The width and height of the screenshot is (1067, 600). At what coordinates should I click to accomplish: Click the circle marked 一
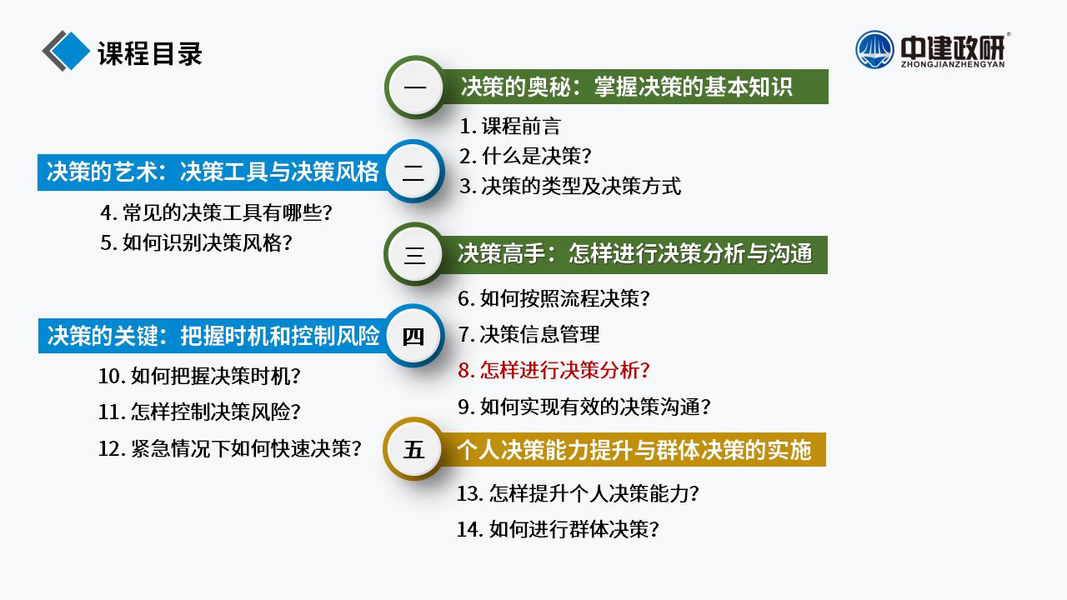coord(415,87)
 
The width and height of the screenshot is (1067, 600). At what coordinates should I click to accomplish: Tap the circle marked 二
coord(414,172)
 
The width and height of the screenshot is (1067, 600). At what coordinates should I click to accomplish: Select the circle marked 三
coord(414,254)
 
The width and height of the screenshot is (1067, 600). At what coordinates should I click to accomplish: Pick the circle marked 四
coord(414,336)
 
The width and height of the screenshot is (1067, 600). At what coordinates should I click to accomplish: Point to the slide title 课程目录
coord(150,53)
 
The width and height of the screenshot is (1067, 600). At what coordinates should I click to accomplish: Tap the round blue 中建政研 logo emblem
coord(874,49)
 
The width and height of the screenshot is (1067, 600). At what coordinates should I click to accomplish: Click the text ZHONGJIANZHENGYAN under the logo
coord(952,64)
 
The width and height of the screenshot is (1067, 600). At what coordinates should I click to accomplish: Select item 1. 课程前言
coord(509,126)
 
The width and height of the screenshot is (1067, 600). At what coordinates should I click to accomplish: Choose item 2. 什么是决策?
coord(525,156)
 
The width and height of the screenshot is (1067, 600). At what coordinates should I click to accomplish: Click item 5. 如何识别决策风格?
coord(196,242)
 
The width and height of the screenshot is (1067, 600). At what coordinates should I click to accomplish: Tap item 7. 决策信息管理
coord(528,334)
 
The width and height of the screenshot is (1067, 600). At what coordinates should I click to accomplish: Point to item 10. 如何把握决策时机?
coord(199,376)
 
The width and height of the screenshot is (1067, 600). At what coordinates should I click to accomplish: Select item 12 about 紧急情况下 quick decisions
coord(229,448)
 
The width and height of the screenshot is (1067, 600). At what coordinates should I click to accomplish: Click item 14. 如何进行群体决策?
coord(558,529)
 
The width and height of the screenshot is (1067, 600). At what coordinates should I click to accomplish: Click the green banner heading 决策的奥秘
coord(626,87)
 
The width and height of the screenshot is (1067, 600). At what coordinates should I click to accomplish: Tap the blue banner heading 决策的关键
coord(213,336)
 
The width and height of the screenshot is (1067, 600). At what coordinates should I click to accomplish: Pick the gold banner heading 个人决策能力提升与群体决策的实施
coord(634,450)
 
